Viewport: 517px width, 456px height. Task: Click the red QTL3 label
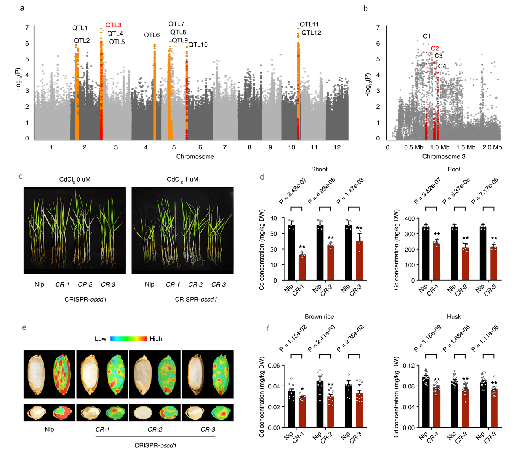pyautogui.click(x=113, y=25)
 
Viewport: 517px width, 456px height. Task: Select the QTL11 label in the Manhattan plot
pyautogui.click(x=309, y=25)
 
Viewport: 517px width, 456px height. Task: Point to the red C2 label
pyautogui.click(x=435, y=48)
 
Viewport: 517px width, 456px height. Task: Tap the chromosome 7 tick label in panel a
pyautogui.click(x=224, y=147)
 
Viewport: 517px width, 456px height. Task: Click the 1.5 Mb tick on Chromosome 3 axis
pyautogui.click(x=466, y=147)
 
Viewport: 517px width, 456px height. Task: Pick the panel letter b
pyautogui.click(x=365, y=9)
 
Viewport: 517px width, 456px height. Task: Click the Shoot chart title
pyautogui.click(x=319, y=169)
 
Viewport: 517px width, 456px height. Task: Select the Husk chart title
pyautogui.click(x=454, y=317)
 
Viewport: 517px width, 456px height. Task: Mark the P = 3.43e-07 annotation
pyautogui.click(x=293, y=191)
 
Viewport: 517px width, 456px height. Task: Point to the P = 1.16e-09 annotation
pyautogui.click(x=427, y=338)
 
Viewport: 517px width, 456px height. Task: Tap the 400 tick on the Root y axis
pyautogui.click(x=410, y=219)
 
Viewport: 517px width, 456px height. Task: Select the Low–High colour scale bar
pyautogui.click(x=128, y=339)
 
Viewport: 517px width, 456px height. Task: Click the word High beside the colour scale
pyautogui.click(x=156, y=339)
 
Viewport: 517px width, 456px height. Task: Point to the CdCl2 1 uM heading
pyautogui.click(x=183, y=180)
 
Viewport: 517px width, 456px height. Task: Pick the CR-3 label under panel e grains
pyautogui.click(x=208, y=429)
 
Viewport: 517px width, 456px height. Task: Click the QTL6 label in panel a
pyautogui.click(x=152, y=35)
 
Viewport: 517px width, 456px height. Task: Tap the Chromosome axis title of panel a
pyautogui.click(x=195, y=157)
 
